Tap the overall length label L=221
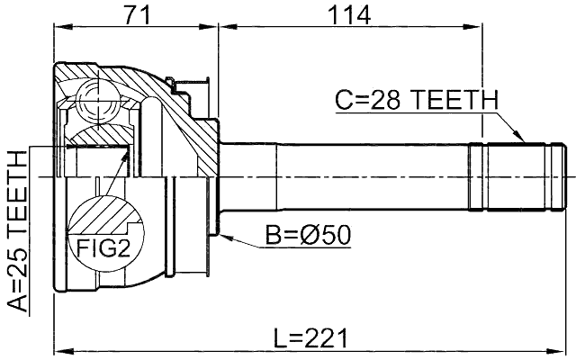[310, 338]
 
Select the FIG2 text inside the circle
[100, 248]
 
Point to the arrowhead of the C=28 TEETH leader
[521, 140]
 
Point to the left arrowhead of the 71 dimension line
[59, 29]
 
